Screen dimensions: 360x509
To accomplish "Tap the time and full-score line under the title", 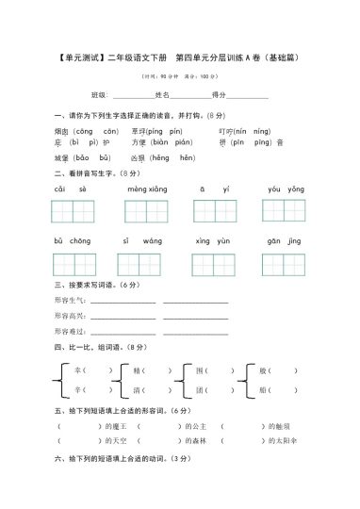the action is pyautogui.click(x=179, y=75).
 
